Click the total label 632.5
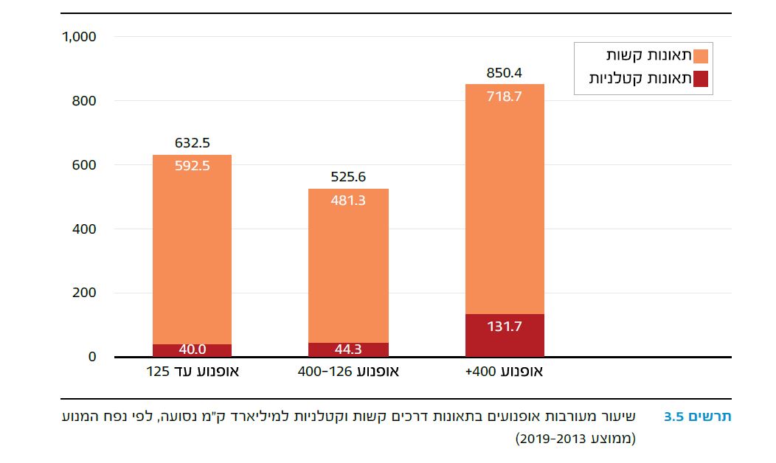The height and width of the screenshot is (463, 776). [x=193, y=143]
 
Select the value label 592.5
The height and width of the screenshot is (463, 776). [x=193, y=166]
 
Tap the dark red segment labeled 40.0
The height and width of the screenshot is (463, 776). [x=193, y=350]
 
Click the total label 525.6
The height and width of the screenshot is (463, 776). [x=349, y=177]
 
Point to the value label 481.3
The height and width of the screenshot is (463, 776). [x=349, y=200]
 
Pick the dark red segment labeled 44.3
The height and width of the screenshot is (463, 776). [x=349, y=349]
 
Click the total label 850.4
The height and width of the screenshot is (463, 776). [x=505, y=73]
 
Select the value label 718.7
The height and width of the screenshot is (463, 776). [x=505, y=96]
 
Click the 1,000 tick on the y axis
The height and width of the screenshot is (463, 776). [x=80, y=37]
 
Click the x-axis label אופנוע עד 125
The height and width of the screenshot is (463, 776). [x=193, y=372]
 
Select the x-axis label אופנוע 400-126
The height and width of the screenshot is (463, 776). [x=349, y=372]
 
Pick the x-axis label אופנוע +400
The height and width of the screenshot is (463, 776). [x=505, y=372]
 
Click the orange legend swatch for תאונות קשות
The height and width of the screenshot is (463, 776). [x=701, y=56]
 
